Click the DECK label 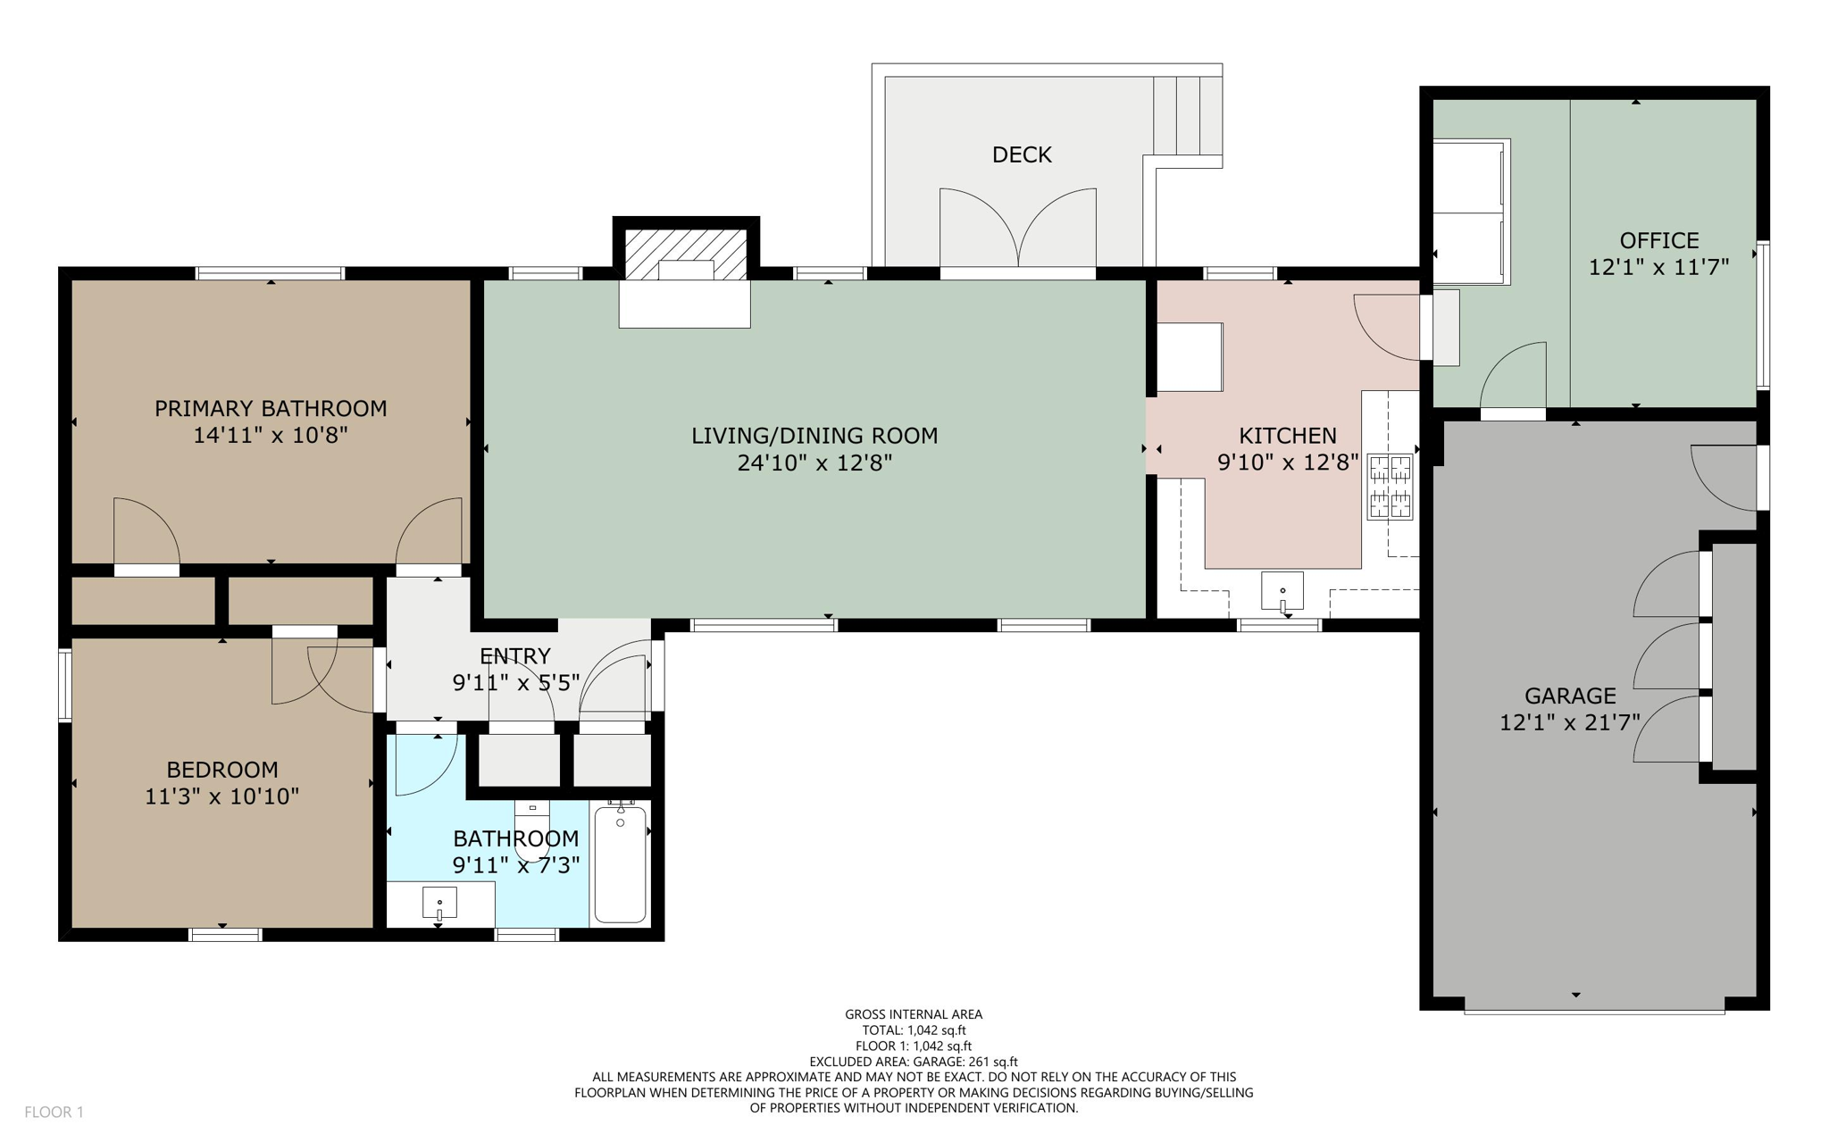[1022, 155]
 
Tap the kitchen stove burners [1390, 487]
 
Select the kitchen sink [1282, 592]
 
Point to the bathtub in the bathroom [620, 863]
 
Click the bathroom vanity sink [439, 903]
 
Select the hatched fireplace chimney [685, 254]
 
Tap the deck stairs [1187, 116]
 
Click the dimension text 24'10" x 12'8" [814, 463]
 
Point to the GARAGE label [1569, 696]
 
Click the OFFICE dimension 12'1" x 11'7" [1658, 267]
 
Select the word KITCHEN [1287, 436]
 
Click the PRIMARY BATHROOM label [271, 409]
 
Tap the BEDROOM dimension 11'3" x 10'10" [221, 796]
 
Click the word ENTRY [515, 656]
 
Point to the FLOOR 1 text [54, 1112]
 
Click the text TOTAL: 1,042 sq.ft [913, 1029]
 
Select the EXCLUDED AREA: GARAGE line [913, 1062]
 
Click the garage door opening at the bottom [1593, 1010]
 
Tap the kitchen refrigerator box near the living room [1190, 357]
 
